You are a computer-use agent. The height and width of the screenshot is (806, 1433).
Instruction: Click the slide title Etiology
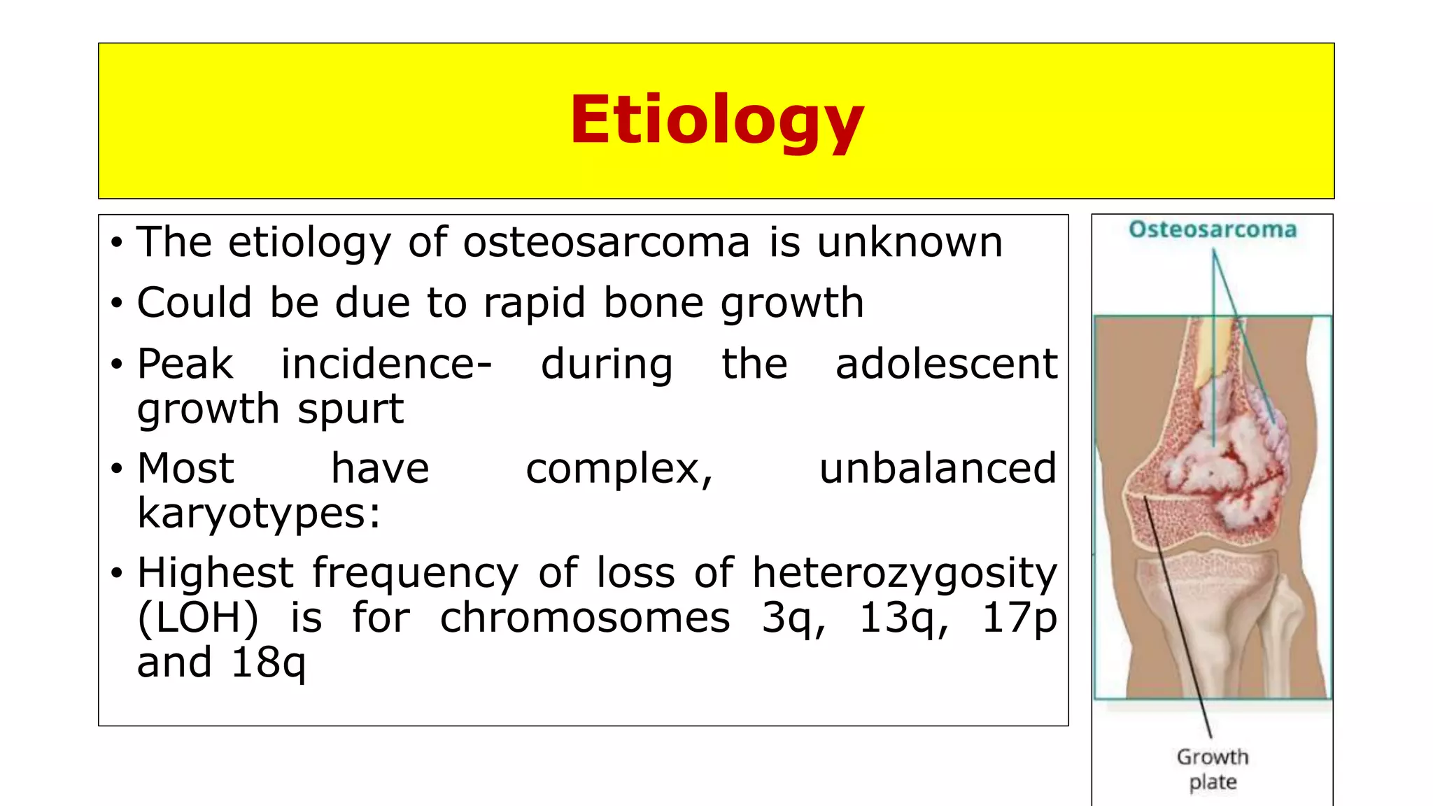716,120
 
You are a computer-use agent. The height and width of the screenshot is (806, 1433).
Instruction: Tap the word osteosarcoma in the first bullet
606,243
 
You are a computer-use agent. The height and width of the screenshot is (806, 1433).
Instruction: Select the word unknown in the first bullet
910,243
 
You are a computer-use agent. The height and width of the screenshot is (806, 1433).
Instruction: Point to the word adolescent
946,365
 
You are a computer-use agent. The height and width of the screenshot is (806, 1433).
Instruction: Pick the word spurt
351,409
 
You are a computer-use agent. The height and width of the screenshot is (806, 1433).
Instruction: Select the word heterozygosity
904,573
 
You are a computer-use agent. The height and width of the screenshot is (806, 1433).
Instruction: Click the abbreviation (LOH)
197,618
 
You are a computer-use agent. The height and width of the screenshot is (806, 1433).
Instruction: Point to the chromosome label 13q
903,618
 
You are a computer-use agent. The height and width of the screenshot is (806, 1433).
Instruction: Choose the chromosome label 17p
1019,618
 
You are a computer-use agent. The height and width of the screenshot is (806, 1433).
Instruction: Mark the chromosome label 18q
268,663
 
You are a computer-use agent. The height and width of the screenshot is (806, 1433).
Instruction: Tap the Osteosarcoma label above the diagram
1213,229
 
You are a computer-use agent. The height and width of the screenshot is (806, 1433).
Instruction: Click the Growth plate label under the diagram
1213,769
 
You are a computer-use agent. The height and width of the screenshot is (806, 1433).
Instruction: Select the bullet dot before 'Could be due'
117,304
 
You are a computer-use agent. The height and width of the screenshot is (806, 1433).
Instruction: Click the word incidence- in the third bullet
386,365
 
